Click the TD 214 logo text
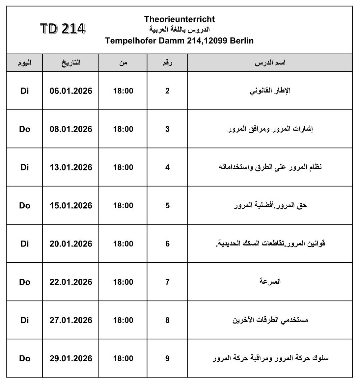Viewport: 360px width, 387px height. (63, 29)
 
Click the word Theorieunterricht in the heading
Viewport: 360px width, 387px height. (180, 19)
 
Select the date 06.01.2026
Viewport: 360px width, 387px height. (71, 91)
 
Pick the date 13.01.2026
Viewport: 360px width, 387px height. (71, 167)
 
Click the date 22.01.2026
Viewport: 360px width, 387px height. (71, 282)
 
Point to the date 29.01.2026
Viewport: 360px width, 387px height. (71, 358)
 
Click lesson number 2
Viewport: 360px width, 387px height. (167, 91)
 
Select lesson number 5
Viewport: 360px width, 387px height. (167, 206)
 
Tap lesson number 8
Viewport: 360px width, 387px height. (167, 320)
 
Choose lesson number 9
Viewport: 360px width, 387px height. (167, 358)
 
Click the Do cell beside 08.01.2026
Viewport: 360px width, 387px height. (25, 129)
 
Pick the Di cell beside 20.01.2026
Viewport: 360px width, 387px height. (25, 244)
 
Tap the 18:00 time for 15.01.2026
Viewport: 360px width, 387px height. (123, 206)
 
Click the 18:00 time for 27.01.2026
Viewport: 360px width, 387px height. (123, 320)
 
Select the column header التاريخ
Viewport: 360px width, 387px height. (71, 63)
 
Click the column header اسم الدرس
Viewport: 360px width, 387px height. (270, 63)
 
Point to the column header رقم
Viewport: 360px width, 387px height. (167, 63)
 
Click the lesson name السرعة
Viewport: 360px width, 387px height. (270, 282)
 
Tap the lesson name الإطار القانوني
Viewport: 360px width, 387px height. (270, 91)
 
